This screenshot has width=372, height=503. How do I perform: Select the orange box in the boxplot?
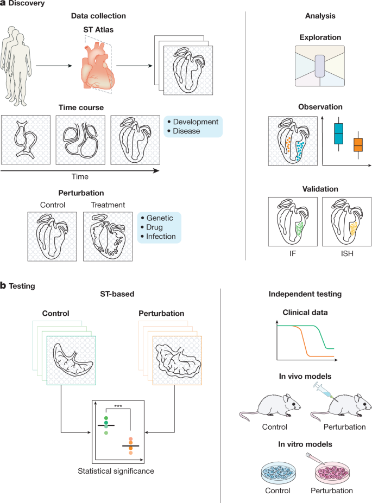pos(358,145)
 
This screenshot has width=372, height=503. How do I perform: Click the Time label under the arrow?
pos(80,176)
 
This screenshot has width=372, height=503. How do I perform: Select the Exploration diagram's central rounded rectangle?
pos(319,70)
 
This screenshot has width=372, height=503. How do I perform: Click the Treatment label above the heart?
pos(108,205)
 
